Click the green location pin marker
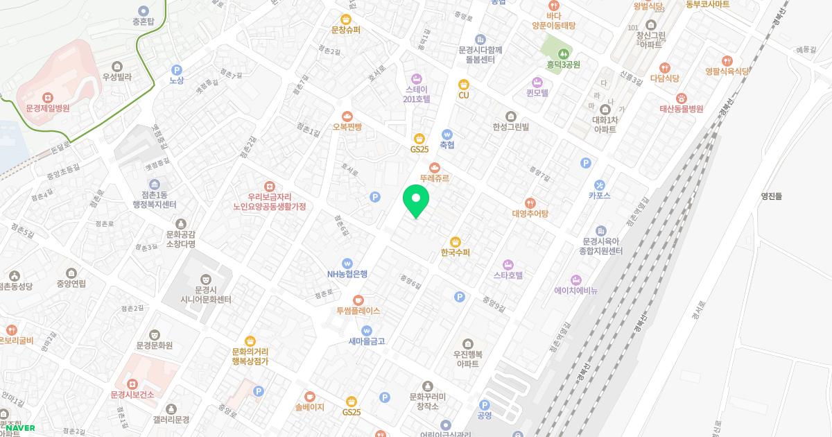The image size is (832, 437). [416, 201]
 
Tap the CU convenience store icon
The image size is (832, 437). [464, 84]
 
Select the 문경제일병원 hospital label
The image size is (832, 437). [48, 108]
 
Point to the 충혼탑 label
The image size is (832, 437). [144, 21]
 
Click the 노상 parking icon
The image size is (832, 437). [176, 69]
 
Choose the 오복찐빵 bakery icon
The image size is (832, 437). [347, 116]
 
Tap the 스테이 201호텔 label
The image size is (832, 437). [417, 94]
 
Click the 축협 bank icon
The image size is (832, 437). [447, 134]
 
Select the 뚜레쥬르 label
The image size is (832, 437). [435, 178]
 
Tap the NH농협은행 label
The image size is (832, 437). [347, 273]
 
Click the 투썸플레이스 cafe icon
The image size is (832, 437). [358, 300]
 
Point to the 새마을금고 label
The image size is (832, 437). [367, 341]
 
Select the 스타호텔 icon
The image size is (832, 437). [508, 264]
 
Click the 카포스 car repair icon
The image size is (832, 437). [599, 185]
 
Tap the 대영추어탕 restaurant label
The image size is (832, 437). [530, 214]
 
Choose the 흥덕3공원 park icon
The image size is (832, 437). [562, 52]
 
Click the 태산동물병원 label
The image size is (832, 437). [681, 109]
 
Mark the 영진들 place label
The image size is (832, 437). [771, 196]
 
